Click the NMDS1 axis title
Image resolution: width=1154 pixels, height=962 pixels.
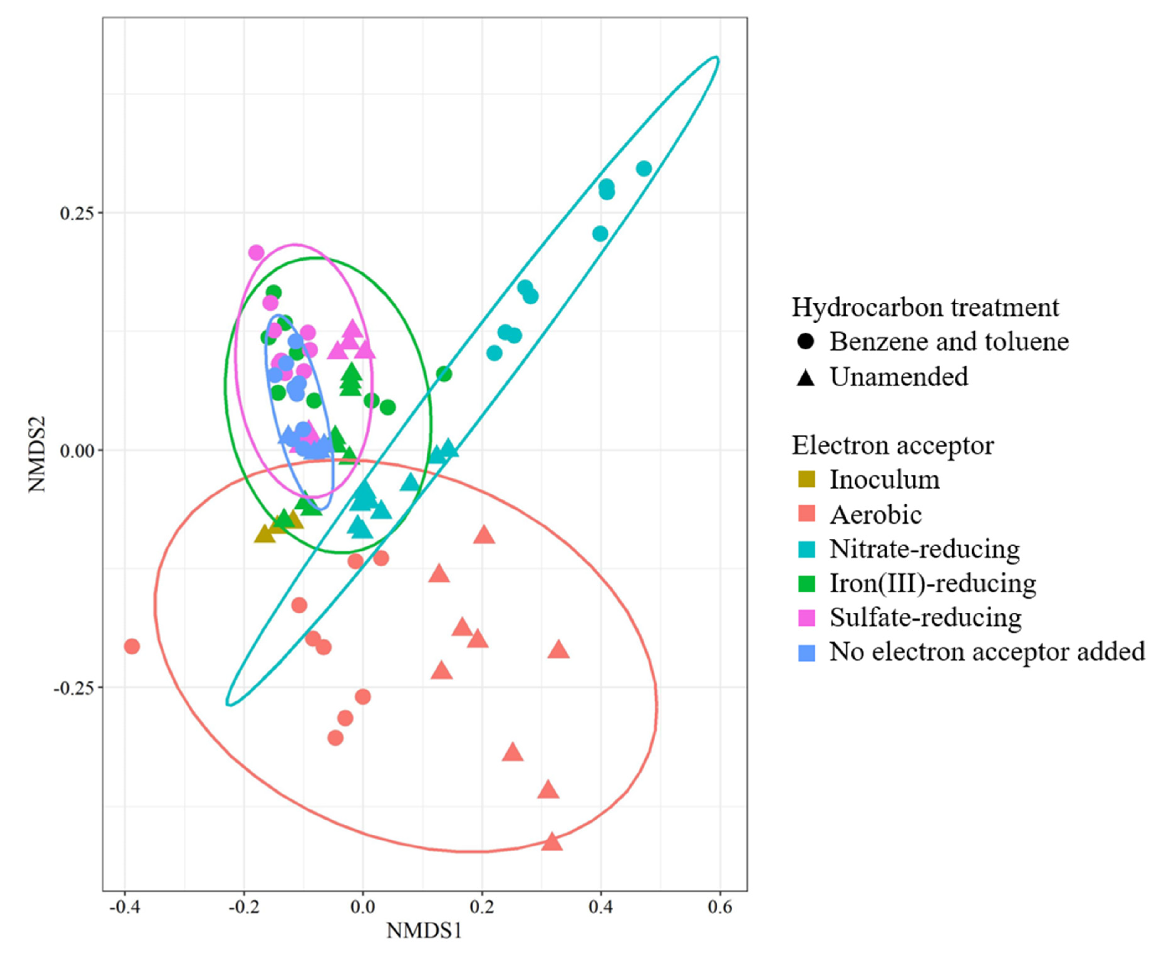[424, 930]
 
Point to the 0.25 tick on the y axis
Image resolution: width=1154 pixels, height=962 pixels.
[77, 213]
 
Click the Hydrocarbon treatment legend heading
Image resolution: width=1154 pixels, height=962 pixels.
[925, 307]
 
